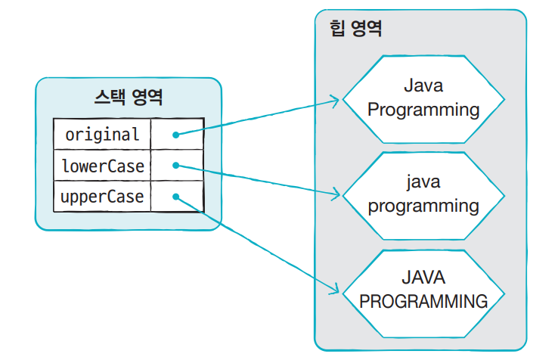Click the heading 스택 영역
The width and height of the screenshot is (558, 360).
(x=128, y=98)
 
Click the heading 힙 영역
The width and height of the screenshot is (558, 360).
(x=356, y=29)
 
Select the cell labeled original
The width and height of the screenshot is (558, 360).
(x=102, y=135)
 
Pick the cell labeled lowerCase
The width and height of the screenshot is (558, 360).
(x=102, y=166)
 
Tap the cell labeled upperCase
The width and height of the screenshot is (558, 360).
(x=102, y=197)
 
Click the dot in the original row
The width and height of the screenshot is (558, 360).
(x=175, y=135)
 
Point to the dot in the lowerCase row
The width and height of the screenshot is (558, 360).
(x=175, y=166)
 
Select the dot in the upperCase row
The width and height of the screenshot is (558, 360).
(x=175, y=197)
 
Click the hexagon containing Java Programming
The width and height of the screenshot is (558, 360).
(x=423, y=98)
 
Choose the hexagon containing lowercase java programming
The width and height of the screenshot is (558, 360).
(x=423, y=194)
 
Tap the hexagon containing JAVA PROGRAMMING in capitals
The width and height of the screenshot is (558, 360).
(x=423, y=290)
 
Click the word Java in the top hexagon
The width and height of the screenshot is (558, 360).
(x=423, y=85)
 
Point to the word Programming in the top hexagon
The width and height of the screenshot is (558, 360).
(x=423, y=110)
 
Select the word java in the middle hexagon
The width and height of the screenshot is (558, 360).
(x=423, y=182)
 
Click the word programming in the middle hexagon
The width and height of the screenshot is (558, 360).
(x=423, y=206)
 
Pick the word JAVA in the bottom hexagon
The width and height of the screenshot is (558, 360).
(x=423, y=278)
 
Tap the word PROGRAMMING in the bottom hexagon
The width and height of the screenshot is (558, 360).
(x=423, y=302)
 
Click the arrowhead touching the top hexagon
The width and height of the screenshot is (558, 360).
(x=336, y=99)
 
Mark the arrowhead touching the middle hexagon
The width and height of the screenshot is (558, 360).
(x=336, y=195)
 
